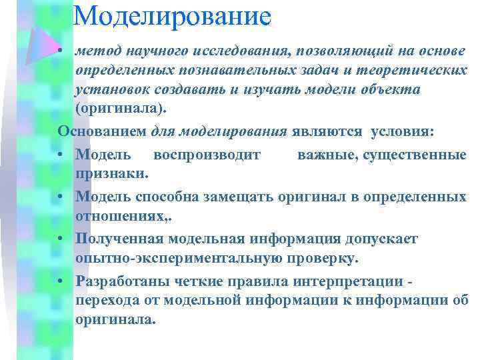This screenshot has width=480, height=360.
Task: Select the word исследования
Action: click(x=247, y=51)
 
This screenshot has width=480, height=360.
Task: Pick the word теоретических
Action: click(x=413, y=71)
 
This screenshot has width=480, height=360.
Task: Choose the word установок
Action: click(x=112, y=89)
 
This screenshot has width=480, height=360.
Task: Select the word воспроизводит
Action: click(x=207, y=155)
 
